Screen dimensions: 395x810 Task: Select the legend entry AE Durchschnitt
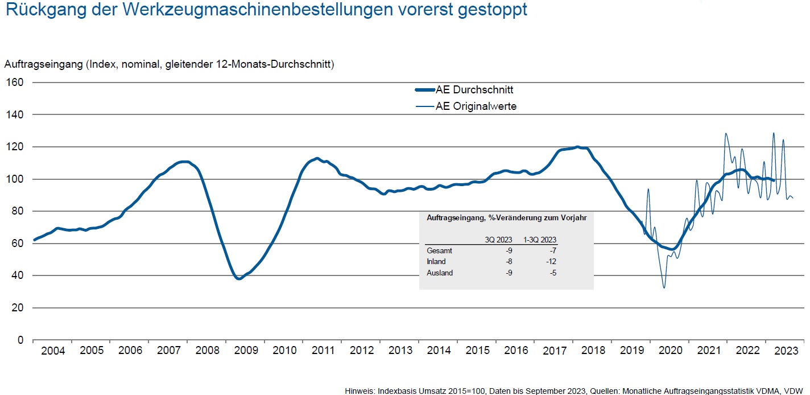coord(474,90)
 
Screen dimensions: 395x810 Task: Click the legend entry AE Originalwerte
coord(476,106)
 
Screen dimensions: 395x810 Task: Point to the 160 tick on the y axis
coord(15,83)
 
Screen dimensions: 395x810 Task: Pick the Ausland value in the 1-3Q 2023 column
coord(552,273)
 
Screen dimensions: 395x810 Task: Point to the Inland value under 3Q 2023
coord(510,262)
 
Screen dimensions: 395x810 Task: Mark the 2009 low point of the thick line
coord(239,278)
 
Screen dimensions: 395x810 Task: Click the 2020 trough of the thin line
coord(664,287)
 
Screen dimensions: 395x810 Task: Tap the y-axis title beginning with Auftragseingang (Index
coord(169,64)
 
